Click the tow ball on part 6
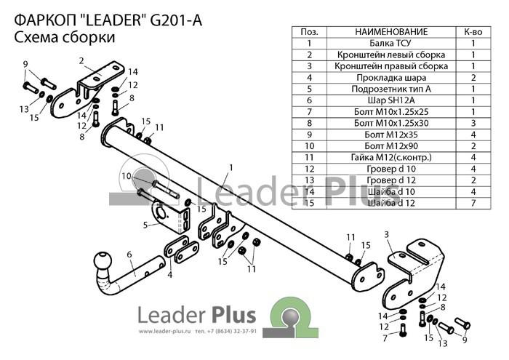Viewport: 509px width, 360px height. click(103, 261)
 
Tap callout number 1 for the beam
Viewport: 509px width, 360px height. click(231, 168)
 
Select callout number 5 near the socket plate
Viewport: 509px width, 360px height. click(145, 225)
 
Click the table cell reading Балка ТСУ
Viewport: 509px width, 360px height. click(390, 43)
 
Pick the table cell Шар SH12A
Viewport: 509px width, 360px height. click(390, 100)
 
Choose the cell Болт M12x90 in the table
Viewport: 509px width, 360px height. click(390, 146)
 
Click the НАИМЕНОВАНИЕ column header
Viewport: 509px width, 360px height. click(391, 32)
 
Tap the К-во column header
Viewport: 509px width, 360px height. click(473, 32)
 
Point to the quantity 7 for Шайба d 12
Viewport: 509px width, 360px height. click(473, 203)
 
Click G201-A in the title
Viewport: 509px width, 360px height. click(176, 20)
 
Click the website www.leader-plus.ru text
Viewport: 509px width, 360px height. click(164, 332)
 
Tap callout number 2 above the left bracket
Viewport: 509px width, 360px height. click(81, 60)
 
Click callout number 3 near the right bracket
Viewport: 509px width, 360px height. click(386, 234)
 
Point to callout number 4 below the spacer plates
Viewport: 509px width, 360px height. click(169, 276)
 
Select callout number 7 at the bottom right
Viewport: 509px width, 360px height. click(385, 339)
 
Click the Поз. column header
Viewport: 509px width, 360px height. click(309, 32)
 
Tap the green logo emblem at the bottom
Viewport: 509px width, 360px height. click(291, 318)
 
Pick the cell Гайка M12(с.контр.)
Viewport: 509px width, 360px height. click(391, 157)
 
